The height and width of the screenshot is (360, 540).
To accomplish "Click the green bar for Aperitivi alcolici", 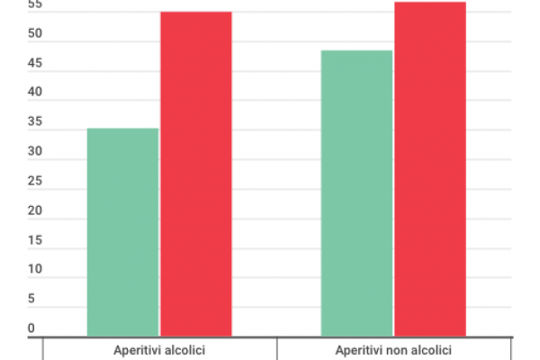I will coord(122,232).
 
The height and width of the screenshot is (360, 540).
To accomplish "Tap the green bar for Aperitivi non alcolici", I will coord(356,193).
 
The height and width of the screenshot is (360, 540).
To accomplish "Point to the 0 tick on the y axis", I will coord(31,328).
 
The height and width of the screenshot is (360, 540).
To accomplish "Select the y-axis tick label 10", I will coord(34,269).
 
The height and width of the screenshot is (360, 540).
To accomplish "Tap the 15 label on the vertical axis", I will coord(34,240).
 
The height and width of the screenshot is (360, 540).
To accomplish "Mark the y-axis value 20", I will coord(34,211).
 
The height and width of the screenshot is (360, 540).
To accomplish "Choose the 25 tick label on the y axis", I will coord(34,181).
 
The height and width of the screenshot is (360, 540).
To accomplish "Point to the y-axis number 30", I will coord(34,152).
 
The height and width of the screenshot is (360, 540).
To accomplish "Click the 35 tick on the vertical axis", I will coord(34,122).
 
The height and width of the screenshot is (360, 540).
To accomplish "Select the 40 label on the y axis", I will coord(34,93).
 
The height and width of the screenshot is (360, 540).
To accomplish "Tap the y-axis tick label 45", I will coord(34,64).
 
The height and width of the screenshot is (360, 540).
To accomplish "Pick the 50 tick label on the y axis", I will coord(34,34).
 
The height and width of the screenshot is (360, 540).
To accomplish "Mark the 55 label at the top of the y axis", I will coord(34,5).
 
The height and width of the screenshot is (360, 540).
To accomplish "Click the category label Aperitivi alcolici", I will coord(159,349).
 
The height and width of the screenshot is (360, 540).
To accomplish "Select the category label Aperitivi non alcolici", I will coord(393,349).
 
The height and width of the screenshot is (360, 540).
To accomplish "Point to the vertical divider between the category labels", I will coord(276,348).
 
